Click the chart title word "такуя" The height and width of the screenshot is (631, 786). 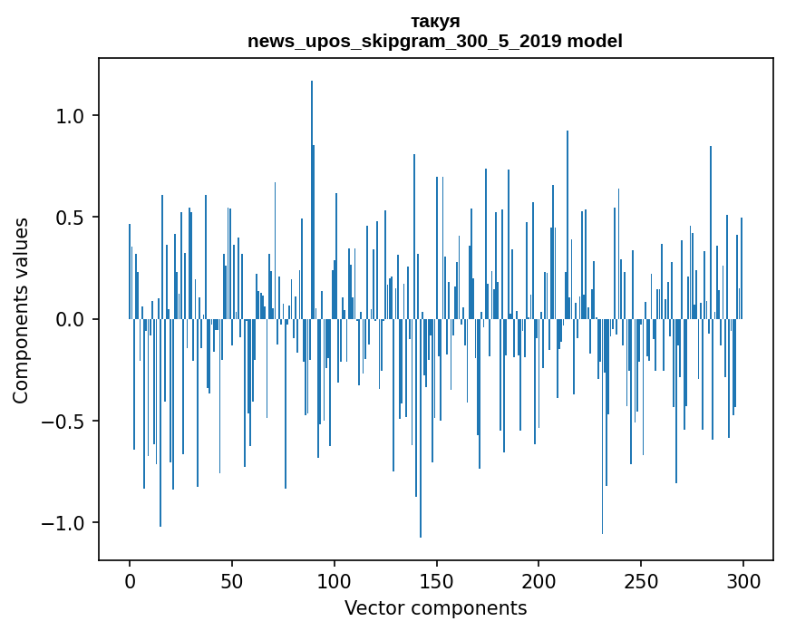(435, 22)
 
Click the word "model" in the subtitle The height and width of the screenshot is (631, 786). (592, 41)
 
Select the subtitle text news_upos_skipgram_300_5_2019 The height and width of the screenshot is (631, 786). (402, 41)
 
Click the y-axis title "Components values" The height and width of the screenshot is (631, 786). (21, 310)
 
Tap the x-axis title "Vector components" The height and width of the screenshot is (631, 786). (435, 608)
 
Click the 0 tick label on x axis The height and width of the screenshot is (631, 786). (130, 579)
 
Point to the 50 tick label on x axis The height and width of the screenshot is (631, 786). (232, 579)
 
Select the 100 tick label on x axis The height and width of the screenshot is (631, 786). (335, 579)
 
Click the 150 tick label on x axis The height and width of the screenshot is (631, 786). (437, 579)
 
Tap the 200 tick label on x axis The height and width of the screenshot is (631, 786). (539, 579)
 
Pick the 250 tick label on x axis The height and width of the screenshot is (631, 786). (642, 579)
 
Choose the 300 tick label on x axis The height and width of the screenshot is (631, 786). (743, 579)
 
